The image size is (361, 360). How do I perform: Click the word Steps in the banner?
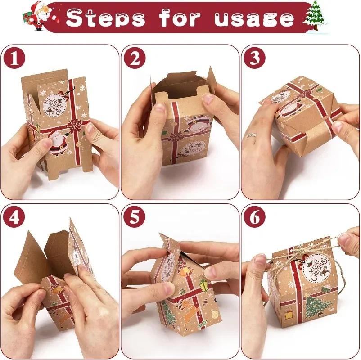(x=105, y=18)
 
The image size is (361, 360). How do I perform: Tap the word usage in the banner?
(x=254, y=18)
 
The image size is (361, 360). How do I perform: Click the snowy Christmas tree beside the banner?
(x=315, y=16)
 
